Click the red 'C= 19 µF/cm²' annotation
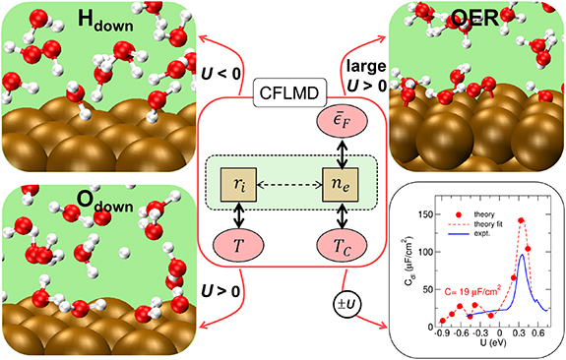pyautogui.click(x=479, y=290)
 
